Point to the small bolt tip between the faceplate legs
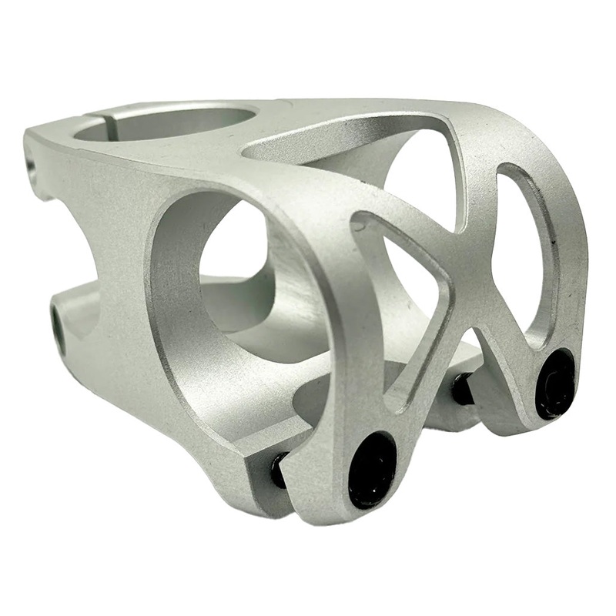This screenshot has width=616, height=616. [462, 389]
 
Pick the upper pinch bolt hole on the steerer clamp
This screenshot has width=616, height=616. [32, 166]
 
